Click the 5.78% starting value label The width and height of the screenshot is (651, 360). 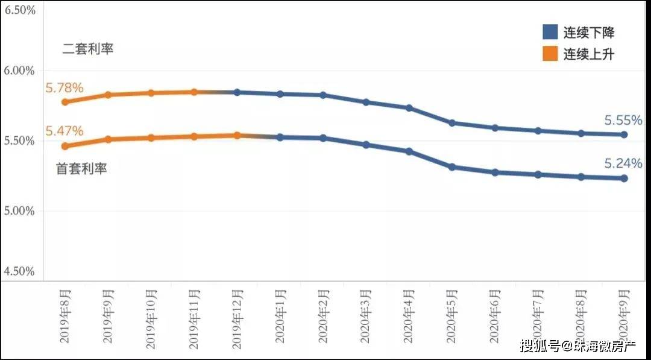(64, 88)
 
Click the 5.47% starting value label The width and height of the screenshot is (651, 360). (64, 131)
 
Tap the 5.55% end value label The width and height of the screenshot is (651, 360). (623, 120)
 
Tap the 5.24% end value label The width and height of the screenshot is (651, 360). (623, 163)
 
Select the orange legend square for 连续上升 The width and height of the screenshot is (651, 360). (550, 54)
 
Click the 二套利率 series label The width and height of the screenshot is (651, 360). (88, 49)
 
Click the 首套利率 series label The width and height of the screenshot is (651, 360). (81, 169)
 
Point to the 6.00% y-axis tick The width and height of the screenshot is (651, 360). (20, 71)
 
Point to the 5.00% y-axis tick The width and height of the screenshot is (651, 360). (20, 211)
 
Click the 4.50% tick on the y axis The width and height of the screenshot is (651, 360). (20, 272)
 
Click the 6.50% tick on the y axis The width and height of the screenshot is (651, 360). (20, 11)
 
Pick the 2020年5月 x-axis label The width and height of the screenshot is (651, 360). (452, 316)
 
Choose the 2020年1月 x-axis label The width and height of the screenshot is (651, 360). (280, 316)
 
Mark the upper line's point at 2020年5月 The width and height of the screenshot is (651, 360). (451, 123)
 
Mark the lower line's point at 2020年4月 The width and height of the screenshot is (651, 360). (409, 151)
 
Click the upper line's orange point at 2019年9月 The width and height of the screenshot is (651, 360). (108, 95)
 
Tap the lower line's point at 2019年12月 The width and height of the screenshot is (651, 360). (237, 135)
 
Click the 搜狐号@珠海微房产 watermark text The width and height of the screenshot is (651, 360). (570, 346)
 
